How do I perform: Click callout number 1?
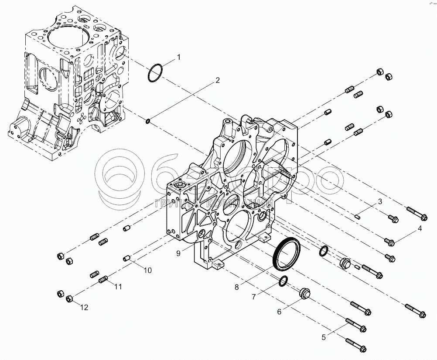pyautogui.click(x=178, y=57)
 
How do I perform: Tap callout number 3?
pyautogui.click(x=380, y=201)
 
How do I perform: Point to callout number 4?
pyautogui.click(x=420, y=228)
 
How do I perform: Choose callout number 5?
pyautogui.click(x=323, y=336)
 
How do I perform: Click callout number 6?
pyautogui.click(x=280, y=312)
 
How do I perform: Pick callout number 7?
pyautogui.click(x=253, y=297)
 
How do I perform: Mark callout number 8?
pyautogui.click(x=237, y=287)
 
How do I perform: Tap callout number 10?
pyautogui.click(x=147, y=270)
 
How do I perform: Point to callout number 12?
pyautogui.click(x=84, y=307)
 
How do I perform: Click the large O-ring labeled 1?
pyautogui.click(x=155, y=72)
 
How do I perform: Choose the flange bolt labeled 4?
pyautogui.click(x=389, y=241)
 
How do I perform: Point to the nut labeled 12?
pyautogui.click(x=68, y=299)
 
